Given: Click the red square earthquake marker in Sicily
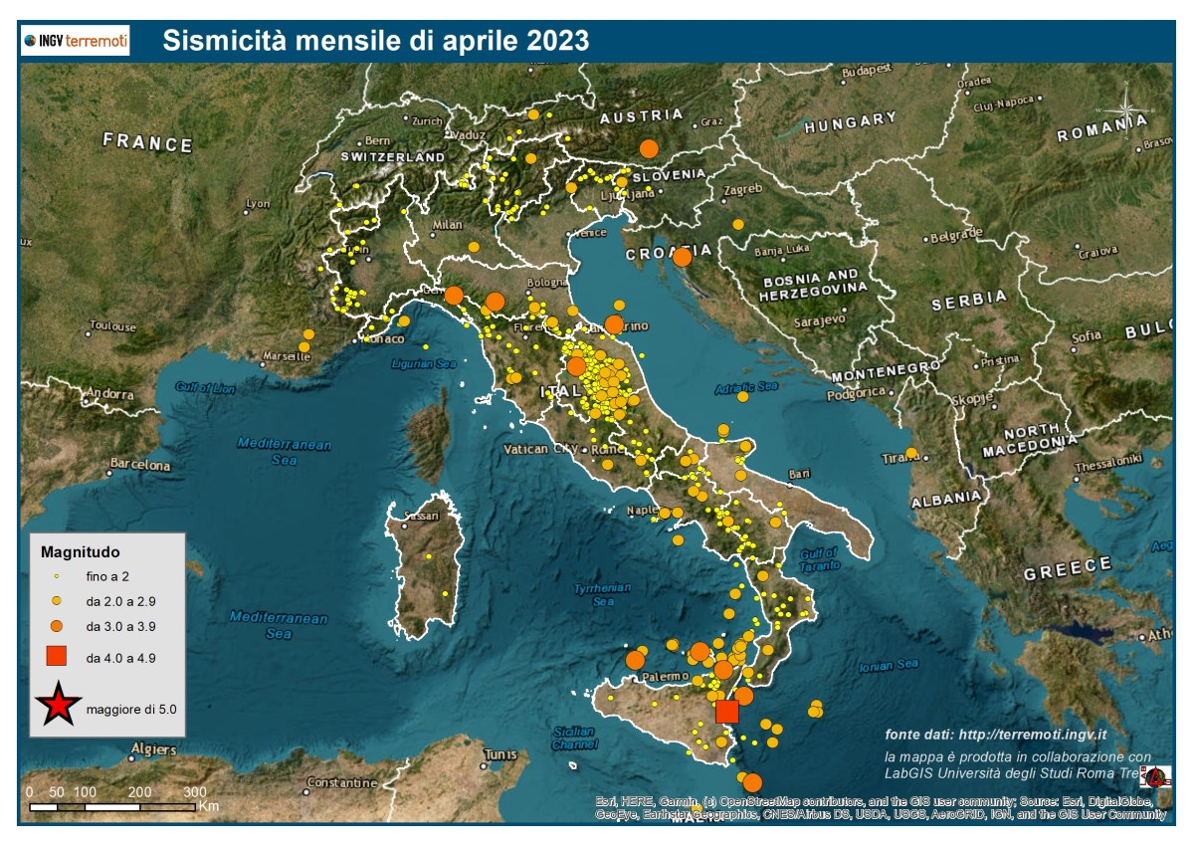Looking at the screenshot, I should coord(727,711).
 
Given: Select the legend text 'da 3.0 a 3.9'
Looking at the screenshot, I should coord(120,627).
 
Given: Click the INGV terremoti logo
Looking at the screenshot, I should coord(76,41).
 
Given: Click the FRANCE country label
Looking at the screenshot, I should coord(147,143).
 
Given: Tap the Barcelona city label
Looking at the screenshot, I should coord(139,465).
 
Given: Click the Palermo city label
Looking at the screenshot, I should coord(665,677).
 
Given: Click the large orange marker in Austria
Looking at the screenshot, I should coord(649,148).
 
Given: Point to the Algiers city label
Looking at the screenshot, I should coord(153,748).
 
